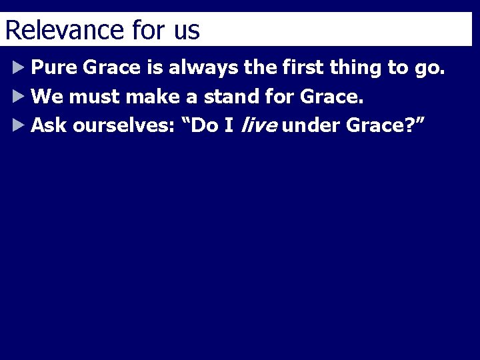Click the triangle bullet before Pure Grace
18,67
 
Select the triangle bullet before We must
18,97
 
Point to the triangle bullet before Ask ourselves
18,125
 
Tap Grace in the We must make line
331,97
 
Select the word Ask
49,125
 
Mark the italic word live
257,125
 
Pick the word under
311,125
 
